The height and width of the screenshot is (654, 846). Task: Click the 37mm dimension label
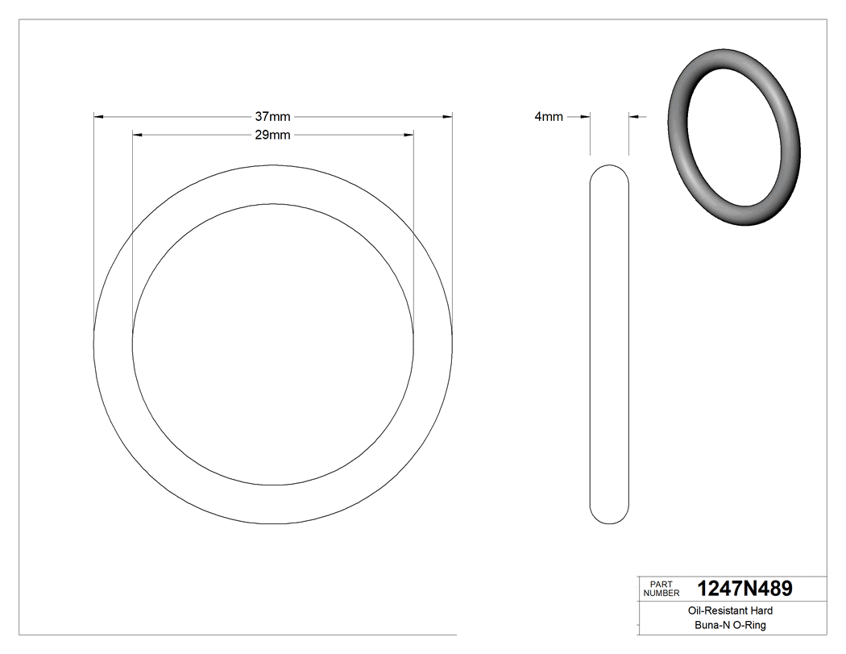point(272,117)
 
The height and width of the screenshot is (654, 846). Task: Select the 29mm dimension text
point(272,135)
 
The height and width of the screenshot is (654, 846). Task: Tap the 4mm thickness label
point(549,117)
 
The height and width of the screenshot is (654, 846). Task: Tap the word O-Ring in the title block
point(749,625)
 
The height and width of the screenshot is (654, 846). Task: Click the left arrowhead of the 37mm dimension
point(99,117)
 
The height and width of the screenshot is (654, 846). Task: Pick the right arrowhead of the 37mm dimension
point(447,117)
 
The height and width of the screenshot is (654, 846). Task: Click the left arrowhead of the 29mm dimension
point(137,135)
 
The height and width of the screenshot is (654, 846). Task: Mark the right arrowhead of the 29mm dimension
point(408,135)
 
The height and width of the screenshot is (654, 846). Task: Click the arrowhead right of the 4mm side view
point(633,117)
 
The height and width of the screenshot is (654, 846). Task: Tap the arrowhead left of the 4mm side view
point(586,117)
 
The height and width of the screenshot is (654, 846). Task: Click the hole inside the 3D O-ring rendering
point(735,137)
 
